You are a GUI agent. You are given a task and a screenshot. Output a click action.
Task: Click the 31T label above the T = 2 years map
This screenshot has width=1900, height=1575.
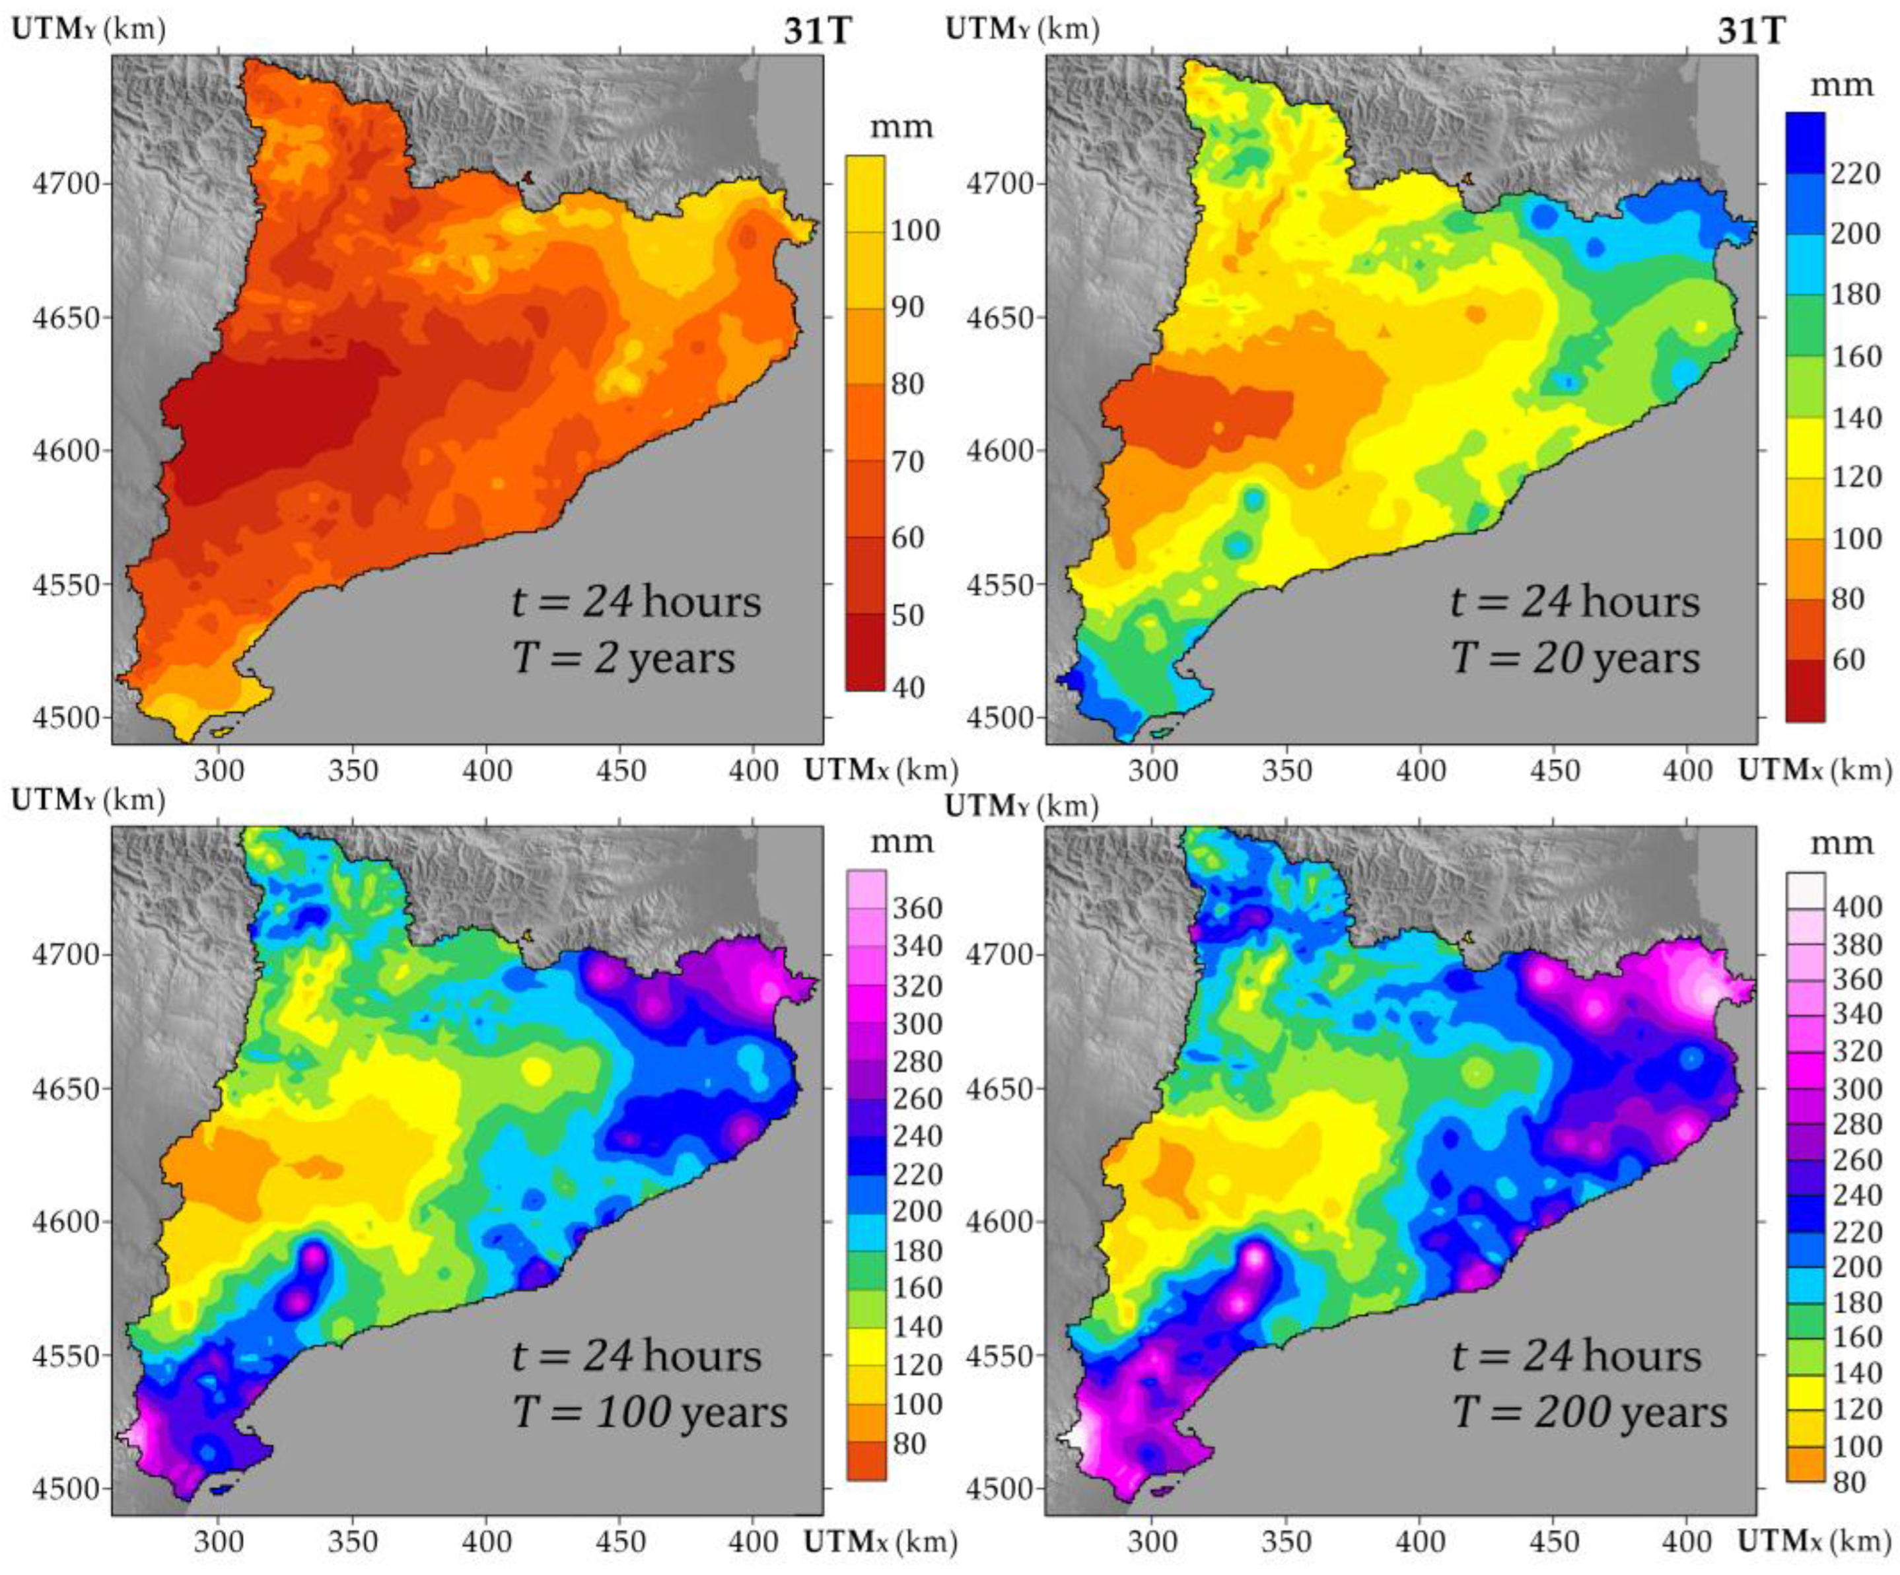tap(818, 32)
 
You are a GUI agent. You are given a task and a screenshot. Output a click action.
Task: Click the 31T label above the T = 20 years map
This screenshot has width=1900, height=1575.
tap(1751, 32)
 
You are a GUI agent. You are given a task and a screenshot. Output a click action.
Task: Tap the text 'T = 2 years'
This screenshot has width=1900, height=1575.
tap(623, 658)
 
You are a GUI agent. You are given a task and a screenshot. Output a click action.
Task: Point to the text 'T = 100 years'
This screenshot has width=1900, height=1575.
tap(650, 1412)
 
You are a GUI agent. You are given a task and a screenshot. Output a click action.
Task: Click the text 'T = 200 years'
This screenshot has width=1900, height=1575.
tap(1590, 1412)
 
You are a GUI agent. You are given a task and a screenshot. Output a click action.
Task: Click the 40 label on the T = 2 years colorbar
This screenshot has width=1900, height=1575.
tap(908, 687)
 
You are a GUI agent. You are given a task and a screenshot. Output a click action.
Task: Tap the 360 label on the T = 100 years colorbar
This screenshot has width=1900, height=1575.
tap(917, 908)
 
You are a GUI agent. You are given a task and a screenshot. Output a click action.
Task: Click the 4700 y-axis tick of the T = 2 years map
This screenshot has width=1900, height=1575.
tap(66, 184)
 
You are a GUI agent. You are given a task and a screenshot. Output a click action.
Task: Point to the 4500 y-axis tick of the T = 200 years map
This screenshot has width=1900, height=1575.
tap(999, 1488)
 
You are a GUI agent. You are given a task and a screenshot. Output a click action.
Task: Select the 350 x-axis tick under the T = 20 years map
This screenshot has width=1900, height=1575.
tap(1286, 771)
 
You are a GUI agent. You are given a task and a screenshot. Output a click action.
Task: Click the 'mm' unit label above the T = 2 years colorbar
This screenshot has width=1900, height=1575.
tap(900, 127)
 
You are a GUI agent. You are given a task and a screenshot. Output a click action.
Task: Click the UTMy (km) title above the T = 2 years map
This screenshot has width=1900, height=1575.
tap(88, 29)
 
